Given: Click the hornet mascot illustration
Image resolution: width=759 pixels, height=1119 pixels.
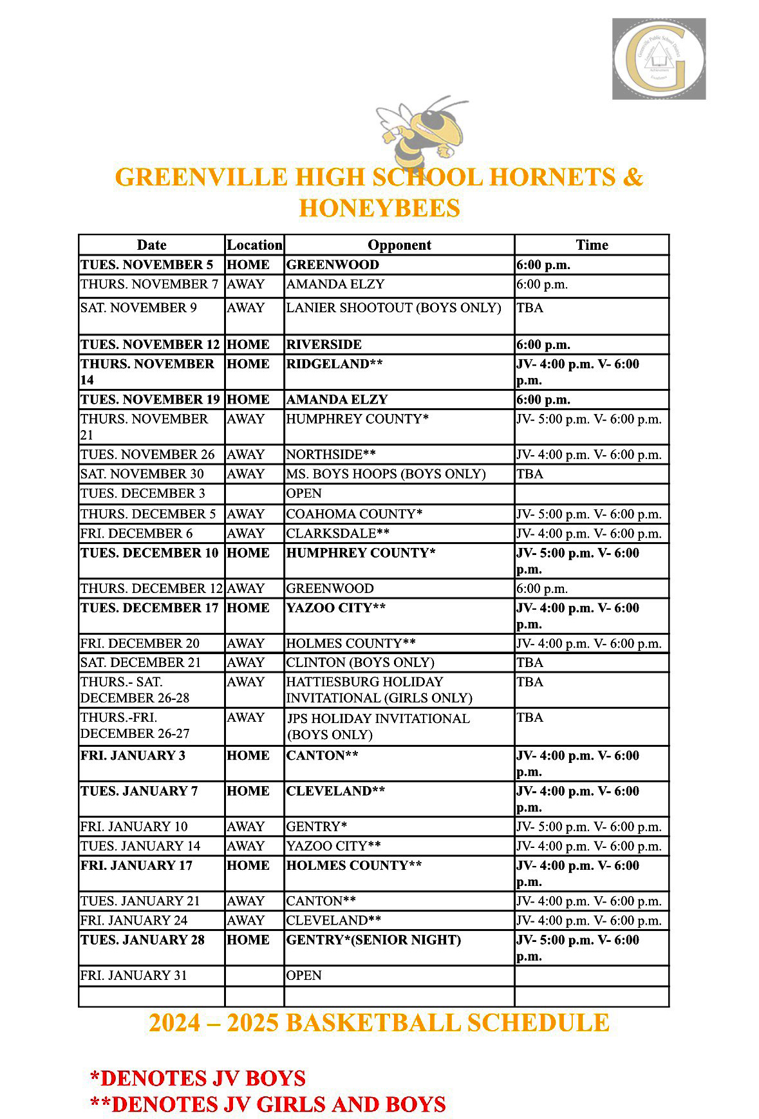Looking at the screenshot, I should (422, 135).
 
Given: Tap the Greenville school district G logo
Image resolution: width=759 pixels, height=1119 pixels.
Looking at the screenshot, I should (659, 59).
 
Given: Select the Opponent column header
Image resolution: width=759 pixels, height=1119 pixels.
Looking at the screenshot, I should (399, 245).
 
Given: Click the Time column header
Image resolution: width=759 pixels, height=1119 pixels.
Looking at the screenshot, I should (592, 245).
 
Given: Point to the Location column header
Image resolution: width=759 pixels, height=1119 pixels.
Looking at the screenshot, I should (254, 245).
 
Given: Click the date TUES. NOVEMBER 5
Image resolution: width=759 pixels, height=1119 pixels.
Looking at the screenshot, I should (147, 265).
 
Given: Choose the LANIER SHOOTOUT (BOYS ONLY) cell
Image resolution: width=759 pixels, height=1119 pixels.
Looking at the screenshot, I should (393, 308).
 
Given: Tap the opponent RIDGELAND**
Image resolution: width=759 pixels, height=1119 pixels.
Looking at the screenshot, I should (334, 364).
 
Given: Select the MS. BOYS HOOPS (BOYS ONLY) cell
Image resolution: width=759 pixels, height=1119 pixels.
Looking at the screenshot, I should (386, 474).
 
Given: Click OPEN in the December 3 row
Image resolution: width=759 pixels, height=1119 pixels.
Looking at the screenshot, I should (304, 493).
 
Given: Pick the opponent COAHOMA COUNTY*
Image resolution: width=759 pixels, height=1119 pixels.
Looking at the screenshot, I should (354, 514).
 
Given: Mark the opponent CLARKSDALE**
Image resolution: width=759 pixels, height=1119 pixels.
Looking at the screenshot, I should (337, 533).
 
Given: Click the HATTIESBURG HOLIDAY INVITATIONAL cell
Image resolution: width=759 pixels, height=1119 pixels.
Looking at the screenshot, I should (379, 690).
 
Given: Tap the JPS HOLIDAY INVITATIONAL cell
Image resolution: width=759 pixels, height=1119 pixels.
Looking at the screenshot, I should (378, 726).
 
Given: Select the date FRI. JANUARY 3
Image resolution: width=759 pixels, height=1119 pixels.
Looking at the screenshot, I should (133, 755).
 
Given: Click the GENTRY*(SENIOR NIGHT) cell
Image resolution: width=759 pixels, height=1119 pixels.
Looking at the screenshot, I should (373, 940).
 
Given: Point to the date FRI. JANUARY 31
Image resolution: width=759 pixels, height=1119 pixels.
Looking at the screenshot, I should (133, 975).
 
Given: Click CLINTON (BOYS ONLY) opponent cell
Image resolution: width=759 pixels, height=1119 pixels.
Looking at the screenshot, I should (360, 663).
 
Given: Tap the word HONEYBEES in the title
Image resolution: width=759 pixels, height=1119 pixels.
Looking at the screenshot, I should (379, 208).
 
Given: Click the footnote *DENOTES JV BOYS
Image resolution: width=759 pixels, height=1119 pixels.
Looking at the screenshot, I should (198, 1078).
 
